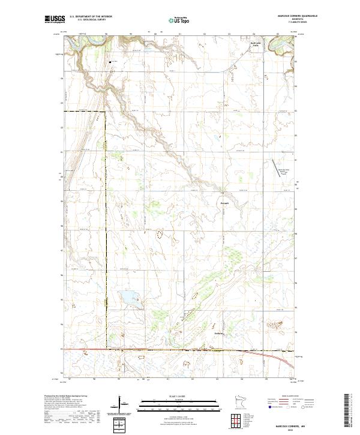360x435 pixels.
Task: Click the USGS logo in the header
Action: click(x=54, y=20)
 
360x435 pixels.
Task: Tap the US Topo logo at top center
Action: click(x=172, y=20)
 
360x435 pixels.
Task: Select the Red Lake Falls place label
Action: click(x=256, y=43)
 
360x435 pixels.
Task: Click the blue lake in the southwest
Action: click(x=130, y=298)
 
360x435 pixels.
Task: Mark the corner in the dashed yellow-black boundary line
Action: click(x=106, y=112)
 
